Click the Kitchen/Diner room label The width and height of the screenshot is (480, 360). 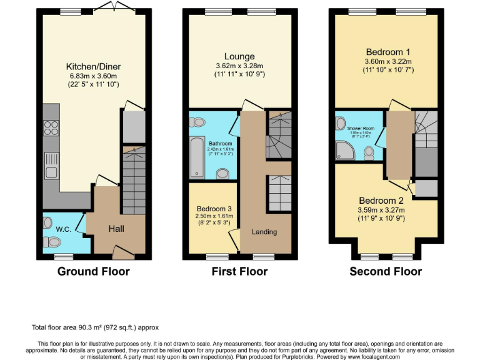coord(93,66)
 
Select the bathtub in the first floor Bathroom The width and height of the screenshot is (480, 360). coord(196,157)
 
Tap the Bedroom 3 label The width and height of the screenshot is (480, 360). coord(214,208)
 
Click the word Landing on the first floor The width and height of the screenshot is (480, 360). coord(264,232)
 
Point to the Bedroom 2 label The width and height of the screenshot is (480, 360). coord(386,201)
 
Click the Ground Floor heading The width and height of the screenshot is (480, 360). coord(93,271)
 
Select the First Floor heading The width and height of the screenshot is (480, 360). coord(240,271)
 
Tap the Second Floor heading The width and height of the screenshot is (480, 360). coord(385,271)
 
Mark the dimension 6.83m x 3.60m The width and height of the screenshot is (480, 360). coord(93,76)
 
